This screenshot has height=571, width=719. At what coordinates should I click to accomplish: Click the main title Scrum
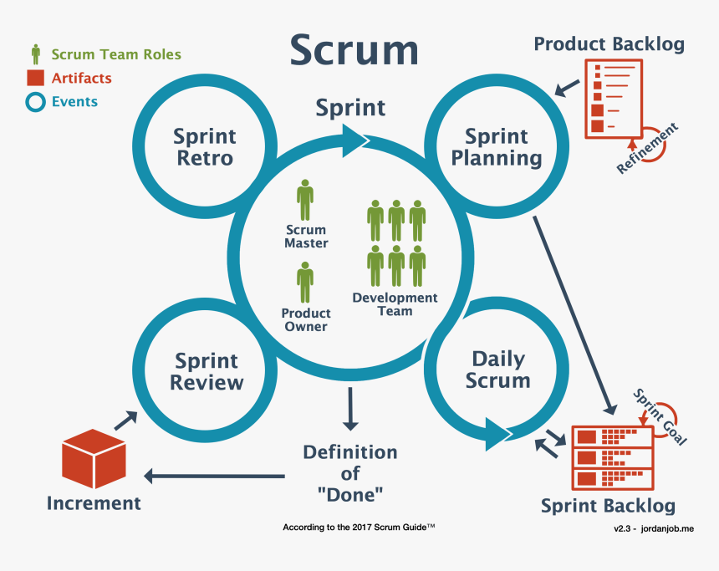(354, 50)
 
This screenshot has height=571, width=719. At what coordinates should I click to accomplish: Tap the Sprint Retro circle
(205, 147)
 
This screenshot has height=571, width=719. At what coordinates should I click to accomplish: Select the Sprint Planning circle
(497, 147)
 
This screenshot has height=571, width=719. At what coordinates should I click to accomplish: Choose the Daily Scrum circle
(498, 370)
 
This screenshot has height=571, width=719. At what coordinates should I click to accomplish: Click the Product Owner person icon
(305, 282)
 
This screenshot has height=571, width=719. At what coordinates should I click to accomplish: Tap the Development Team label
(395, 304)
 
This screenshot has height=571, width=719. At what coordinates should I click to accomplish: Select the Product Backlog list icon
(607, 99)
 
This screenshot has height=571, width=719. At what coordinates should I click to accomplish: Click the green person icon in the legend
(35, 55)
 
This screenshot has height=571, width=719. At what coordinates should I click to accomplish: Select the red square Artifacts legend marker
(35, 79)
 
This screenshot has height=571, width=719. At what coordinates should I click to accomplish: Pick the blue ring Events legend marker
(35, 102)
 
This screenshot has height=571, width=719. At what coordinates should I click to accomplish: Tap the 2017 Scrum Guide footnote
(358, 528)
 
